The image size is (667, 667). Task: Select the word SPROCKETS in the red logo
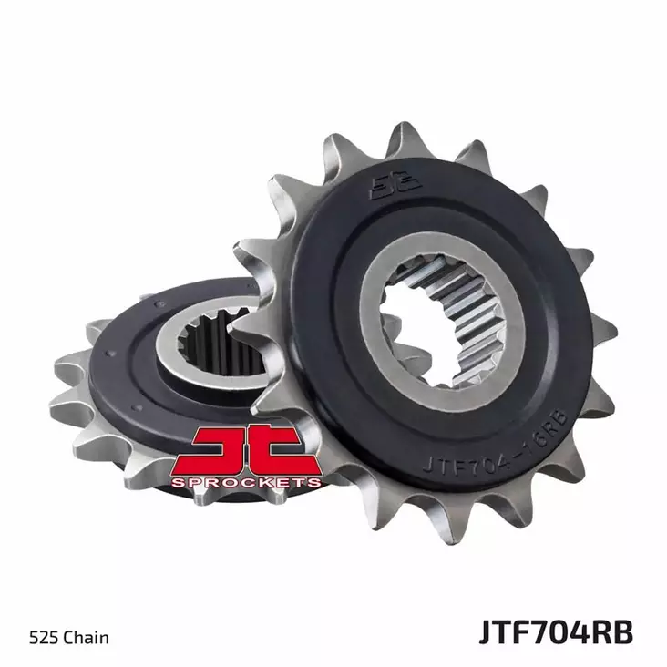(246, 481)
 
